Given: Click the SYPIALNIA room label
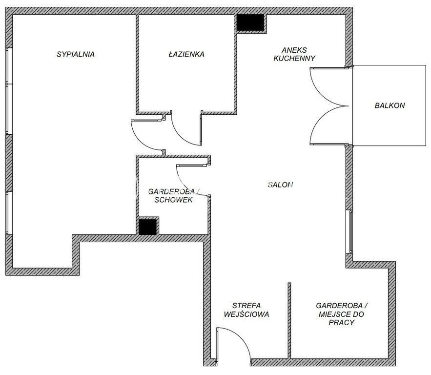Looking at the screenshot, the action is pyautogui.click(x=76, y=54).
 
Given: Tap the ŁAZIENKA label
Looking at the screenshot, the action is pyautogui.click(x=186, y=54).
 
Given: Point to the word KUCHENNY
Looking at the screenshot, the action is pyautogui.click(x=294, y=58).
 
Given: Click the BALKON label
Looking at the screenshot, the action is pyautogui.click(x=390, y=105).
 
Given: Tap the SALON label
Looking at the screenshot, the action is pyautogui.click(x=280, y=185).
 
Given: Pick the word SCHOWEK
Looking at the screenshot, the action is pyautogui.click(x=173, y=200).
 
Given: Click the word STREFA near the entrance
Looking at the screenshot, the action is pyautogui.click(x=246, y=306).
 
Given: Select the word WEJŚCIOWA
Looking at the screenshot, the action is pyautogui.click(x=246, y=314).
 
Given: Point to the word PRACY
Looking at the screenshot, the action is pyautogui.click(x=341, y=322).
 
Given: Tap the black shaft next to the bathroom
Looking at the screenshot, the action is pyautogui.click(x=250, y=22).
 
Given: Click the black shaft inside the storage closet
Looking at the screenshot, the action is pyautogui.click(x=147, y=227).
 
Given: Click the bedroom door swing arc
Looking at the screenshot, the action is pyautogui.click(x=143, y=141).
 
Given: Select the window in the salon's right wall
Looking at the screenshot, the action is pyautogui.click(x=351, y=231).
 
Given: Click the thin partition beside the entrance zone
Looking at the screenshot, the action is pyautogui.click(x=289, y=321).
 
